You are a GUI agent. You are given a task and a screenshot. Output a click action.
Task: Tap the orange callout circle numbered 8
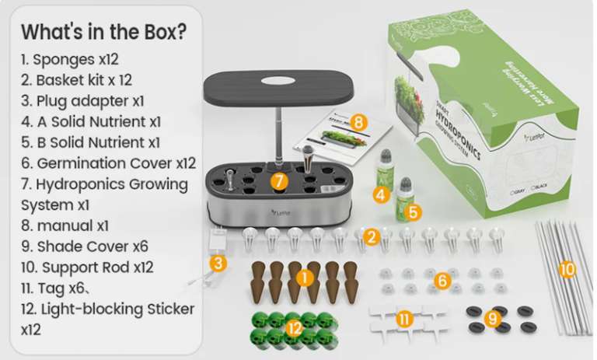pos(358,122)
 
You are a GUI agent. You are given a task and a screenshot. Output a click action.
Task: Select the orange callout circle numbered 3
pos(220,263)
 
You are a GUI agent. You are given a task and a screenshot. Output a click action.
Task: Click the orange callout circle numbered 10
pos(567,269)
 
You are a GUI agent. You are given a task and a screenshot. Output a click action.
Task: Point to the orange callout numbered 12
pos(293,329)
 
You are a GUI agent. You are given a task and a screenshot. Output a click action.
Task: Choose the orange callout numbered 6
pos(442,281)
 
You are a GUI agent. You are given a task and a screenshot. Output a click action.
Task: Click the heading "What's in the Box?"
pos(104,33)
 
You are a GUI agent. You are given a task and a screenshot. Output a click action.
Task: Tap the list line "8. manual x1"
pos(65,225)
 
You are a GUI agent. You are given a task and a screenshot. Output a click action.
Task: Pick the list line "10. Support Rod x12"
pos(87,267)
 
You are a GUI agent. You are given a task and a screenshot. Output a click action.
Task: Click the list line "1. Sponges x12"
pos(73,59)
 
